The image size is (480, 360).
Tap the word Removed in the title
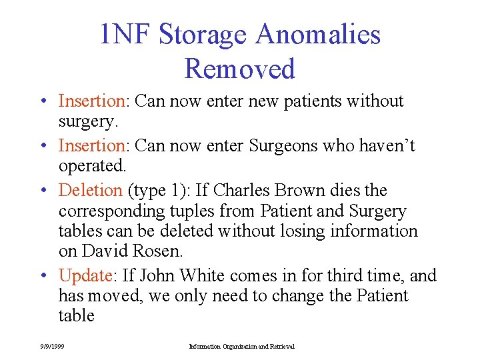tap(239, 69)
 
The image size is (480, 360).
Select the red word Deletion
tap(90, 190)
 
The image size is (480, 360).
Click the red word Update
tap(85, 275)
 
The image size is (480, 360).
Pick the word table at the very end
tap(76, 315)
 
